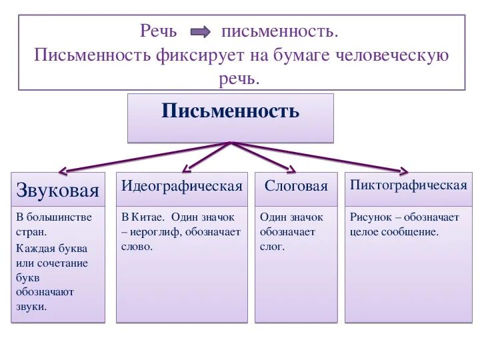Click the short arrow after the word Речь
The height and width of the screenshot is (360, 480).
200,32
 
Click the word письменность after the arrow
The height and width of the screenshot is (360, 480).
280,31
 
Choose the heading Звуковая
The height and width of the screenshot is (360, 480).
57,191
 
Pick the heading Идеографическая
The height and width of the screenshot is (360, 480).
181,186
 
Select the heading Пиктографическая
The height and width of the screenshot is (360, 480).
409,185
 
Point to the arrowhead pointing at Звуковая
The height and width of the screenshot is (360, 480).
63,171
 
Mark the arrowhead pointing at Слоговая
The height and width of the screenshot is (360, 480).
290,169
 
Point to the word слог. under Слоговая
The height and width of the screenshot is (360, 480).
272,247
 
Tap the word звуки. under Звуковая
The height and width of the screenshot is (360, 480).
31,307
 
